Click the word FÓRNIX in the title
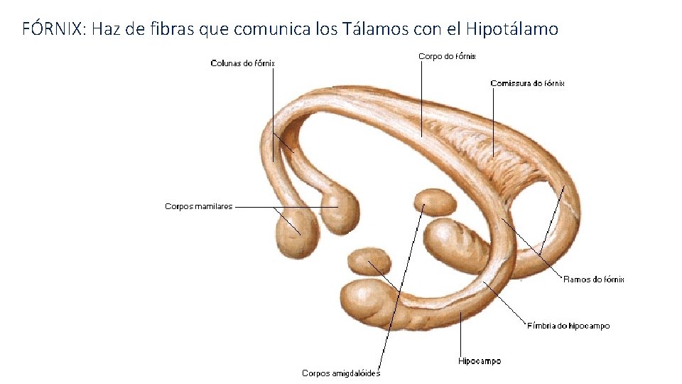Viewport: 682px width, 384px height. click(50, 28)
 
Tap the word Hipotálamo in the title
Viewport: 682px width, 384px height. click(511, 28)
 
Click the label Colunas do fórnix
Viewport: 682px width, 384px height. click(242, 63)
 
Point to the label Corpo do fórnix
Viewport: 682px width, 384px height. click(447, 56)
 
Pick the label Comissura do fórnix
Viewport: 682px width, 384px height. click(527, 83)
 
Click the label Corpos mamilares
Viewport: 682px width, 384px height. click(198, 206)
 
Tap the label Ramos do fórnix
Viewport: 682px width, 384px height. click(593, 279)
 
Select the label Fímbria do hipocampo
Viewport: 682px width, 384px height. click(568, 326)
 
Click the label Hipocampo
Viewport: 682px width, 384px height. click(479, 361)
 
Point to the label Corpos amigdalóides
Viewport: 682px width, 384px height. click(341, 373)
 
